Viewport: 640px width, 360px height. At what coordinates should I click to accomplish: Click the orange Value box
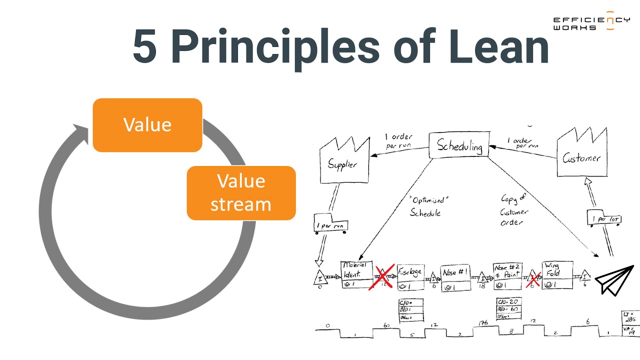pos(147,125)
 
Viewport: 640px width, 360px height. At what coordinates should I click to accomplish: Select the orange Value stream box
pos(241,193)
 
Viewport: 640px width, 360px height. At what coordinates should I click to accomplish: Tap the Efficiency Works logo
pos(591,21)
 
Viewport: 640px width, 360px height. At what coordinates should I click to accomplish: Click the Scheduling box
pos(459,146)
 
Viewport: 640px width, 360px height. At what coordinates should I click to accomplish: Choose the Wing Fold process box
pos(557,275)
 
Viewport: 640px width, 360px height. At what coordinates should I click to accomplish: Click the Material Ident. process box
pos(356,274)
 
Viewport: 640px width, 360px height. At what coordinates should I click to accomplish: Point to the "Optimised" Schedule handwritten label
pos(426,206)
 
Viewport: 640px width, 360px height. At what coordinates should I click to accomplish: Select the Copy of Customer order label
pos(514,210)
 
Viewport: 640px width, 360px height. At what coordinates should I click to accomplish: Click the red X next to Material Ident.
pos(382,277)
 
